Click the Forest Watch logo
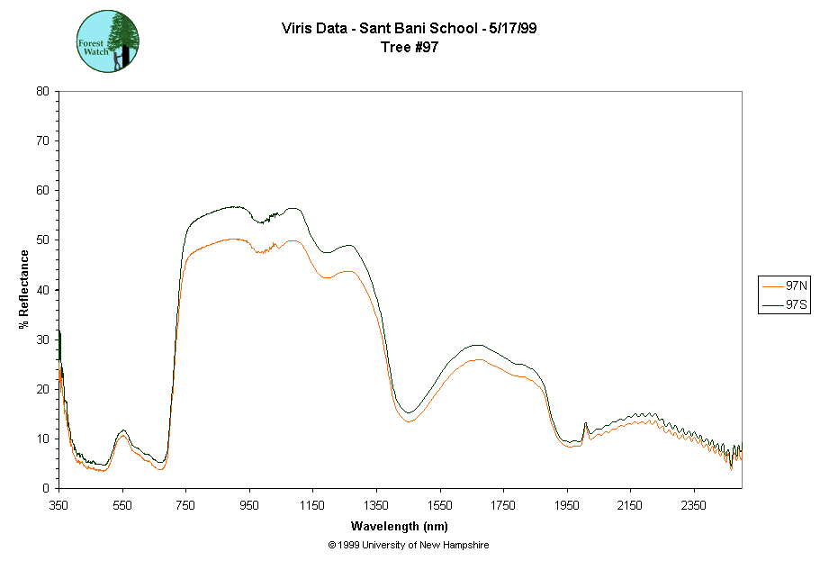[x=108, y=41]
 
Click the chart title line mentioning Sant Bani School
[x=410, y=29]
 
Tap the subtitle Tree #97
[x=410, y=48]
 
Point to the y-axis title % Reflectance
[x=24, y=289]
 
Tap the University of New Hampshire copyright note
[x=409, y=545]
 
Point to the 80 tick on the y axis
[x=42, y=91]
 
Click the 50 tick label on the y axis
[x=42, y=240]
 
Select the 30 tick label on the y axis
[x=42, y=339]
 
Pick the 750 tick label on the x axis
[x=186, y=505]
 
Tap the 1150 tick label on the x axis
[x=312, y=505]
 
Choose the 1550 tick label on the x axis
[x=440, y=505]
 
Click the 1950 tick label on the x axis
[x=567, y=505]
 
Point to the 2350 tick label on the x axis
[x=694, y=505]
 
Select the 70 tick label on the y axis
[x=42, y=141]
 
